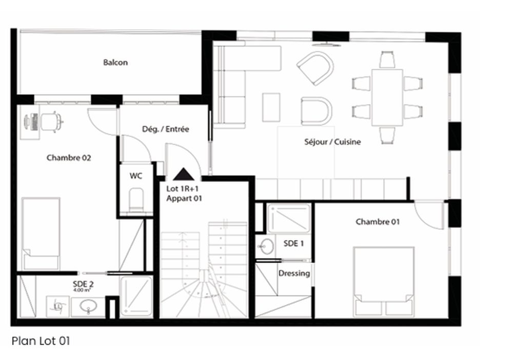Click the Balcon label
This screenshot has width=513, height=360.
coord(115,63)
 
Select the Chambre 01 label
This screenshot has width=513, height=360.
coord(378,222)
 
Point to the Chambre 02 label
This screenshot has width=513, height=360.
coord(69,158)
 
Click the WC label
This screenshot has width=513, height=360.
coord(135,176)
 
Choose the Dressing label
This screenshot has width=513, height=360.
coord(294,273)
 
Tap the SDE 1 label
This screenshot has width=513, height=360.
coord(293,244)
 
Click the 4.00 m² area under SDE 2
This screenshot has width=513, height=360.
coord(83,290)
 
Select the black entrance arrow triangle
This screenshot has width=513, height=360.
coord(183,174)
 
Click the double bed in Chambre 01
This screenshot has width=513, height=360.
coord(384,281)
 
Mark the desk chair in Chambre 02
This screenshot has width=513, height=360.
coord(51,122)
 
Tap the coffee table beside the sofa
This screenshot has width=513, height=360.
coord(271,107)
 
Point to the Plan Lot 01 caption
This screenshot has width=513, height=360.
coord(40,341)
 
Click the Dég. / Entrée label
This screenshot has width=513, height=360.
coord(165,129)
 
